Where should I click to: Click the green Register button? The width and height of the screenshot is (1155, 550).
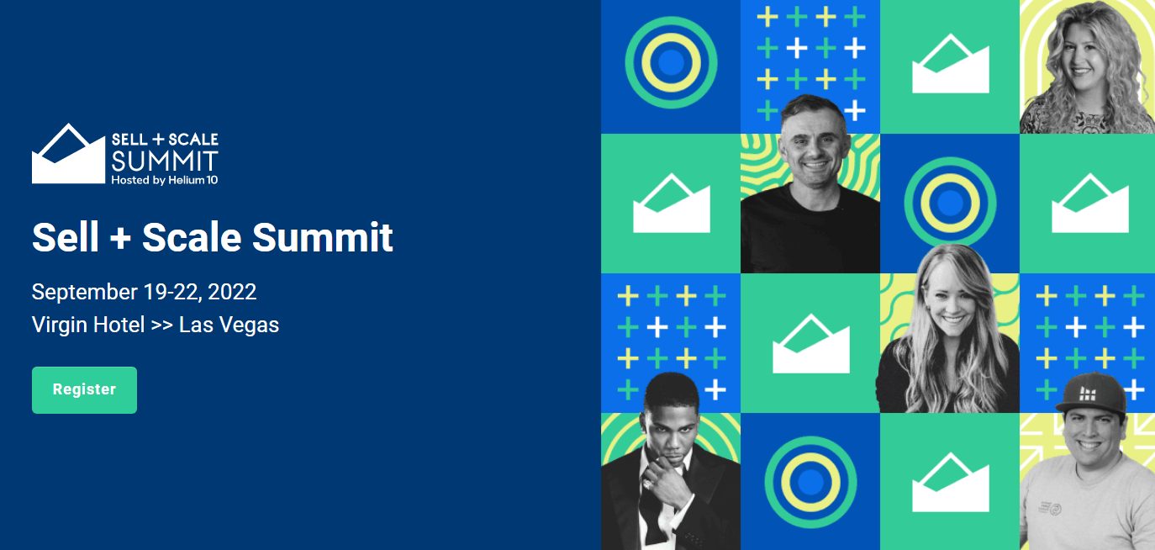point(84,390)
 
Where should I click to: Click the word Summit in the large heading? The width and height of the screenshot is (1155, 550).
point(322,237)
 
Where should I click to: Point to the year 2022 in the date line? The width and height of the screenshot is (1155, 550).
point(231,292)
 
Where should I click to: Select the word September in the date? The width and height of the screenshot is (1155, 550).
point(85,293)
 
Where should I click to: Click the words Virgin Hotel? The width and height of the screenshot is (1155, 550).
point(88,325)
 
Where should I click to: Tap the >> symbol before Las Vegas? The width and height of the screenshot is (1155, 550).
point(162,326)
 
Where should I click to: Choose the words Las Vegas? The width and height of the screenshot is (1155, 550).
point(229,325)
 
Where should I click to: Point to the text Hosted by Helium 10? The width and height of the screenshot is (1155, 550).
point(165,180)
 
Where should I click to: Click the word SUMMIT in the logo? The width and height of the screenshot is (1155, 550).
point(165,161)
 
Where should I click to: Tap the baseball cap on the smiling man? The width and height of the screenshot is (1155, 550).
point(1090,394)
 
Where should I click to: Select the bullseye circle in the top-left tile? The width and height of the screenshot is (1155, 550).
point(671,62)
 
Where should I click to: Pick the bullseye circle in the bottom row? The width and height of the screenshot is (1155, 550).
point(810,483)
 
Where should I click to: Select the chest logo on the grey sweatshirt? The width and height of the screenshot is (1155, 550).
point(1050,508)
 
